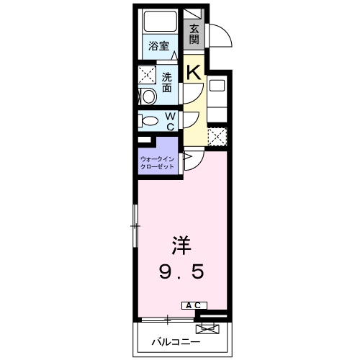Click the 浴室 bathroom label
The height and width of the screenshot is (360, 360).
(x=158, y=46)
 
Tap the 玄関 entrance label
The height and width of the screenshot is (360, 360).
(x=194, y=33)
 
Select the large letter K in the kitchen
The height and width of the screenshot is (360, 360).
(x=193, y=71)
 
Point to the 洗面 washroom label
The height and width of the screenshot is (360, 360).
(x=166, y=82)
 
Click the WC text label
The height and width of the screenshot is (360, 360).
(x=171, y=120)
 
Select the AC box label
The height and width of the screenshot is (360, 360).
(x=197, y=305)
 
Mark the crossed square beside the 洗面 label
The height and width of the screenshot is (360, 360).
(x=148, y=75)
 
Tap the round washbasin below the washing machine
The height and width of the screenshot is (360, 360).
(x=148, y=96)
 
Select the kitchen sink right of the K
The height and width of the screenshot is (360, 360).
(x=218, y=85)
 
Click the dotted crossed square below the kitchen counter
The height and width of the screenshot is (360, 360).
(x=217, y=135)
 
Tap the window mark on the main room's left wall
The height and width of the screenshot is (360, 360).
(x=134, y=226)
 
